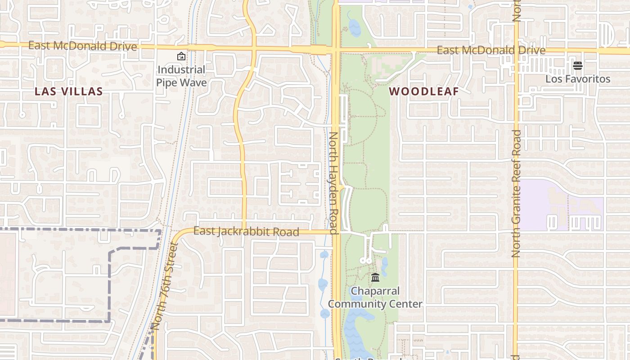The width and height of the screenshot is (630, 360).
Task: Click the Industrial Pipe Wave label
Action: [181, 76]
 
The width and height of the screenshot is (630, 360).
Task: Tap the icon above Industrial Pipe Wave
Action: [181, 56]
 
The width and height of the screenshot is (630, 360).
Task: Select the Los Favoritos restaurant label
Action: [578, 79]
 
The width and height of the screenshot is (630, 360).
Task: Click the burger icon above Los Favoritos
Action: [578, 66]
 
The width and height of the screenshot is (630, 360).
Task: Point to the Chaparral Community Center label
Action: [375, 297]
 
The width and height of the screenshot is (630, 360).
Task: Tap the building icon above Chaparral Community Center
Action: [375, 277]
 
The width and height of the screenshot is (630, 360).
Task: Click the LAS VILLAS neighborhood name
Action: [69, 92]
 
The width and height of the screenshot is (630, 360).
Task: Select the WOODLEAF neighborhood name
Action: [424, 91]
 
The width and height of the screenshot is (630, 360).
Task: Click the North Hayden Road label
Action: [334, 183]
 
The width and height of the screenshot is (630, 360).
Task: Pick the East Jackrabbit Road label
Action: [246, 231]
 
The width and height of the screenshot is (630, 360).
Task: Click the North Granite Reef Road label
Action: [516, 193]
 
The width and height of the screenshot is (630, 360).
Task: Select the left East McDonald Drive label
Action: [82, 46]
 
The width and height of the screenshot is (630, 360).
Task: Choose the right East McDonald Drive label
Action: [491, 50]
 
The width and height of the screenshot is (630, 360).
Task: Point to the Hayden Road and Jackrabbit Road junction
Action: [336, 232]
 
